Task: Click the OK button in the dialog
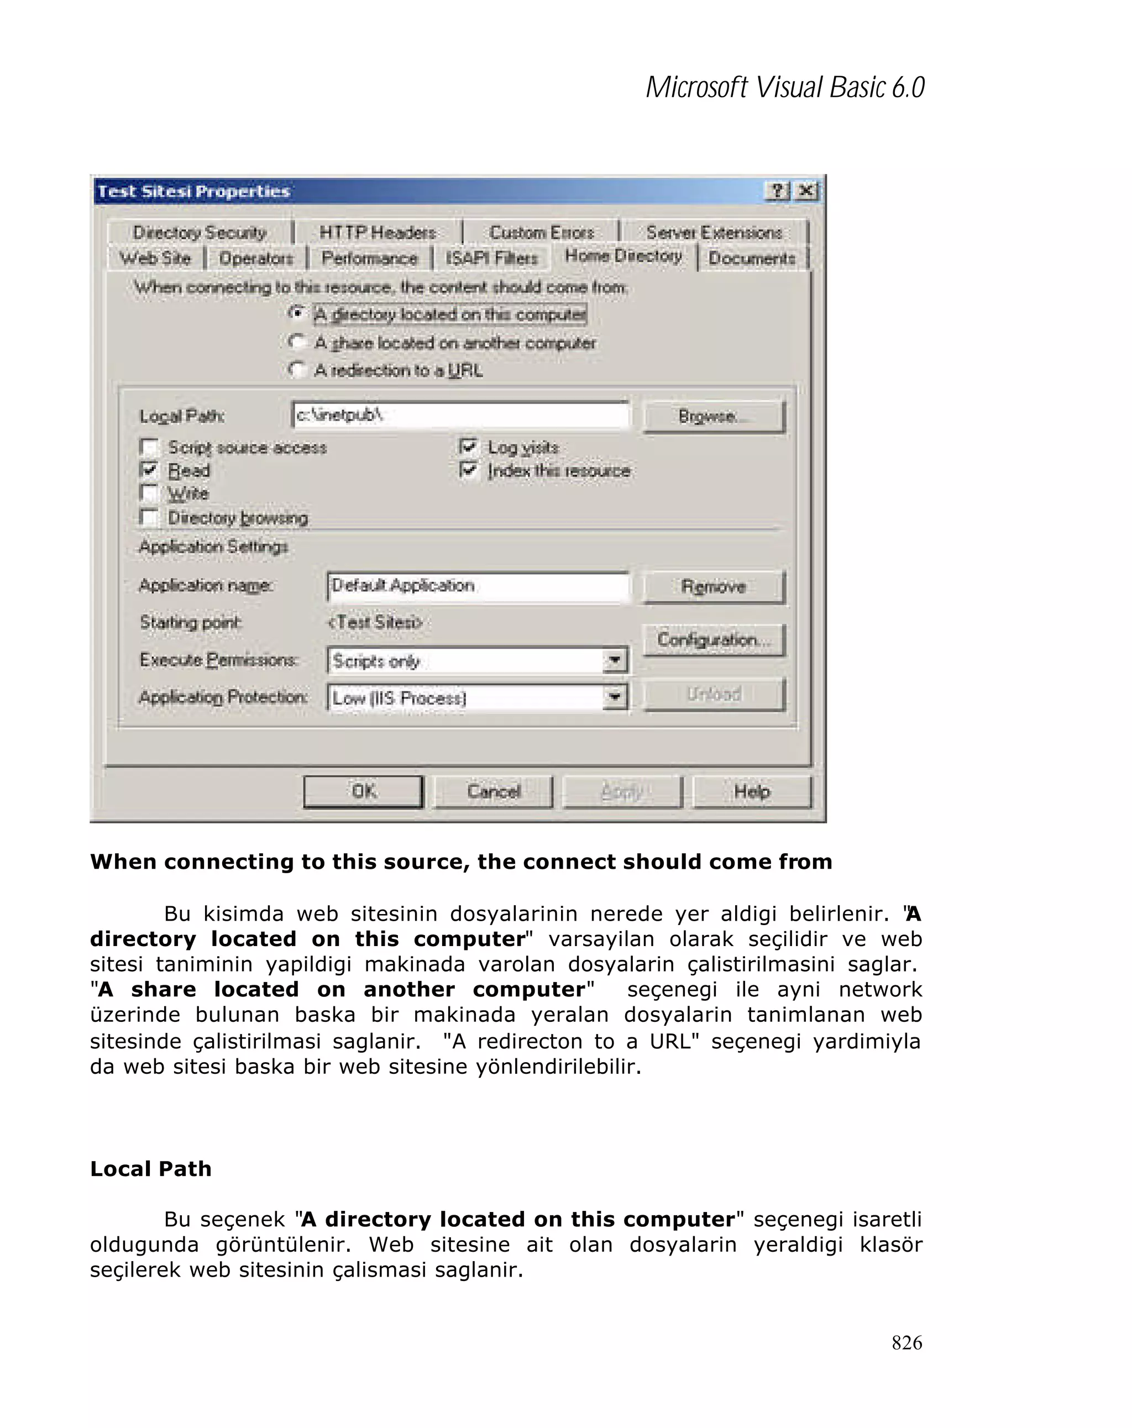coord(363,791)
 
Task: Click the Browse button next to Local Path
coord(714,417)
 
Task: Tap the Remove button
coord(714,586)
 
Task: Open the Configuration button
coord(714,639)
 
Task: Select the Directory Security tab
coord(200,233)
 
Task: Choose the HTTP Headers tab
coord(377,233)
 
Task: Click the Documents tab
coord(751,258)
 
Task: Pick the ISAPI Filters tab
coord(491,258)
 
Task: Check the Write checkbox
coord(150,494)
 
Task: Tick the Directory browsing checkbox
coord(150,517)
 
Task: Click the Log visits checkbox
coord(468,447)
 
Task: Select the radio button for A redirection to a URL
coord(297,370)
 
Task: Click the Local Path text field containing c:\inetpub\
coord(460,415)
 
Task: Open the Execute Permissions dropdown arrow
coord(615,660)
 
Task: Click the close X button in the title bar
coord(806,191)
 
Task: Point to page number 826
coord(906,1342)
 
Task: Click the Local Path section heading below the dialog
coord(151,1168)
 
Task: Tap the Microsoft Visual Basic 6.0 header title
coord(784,87)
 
